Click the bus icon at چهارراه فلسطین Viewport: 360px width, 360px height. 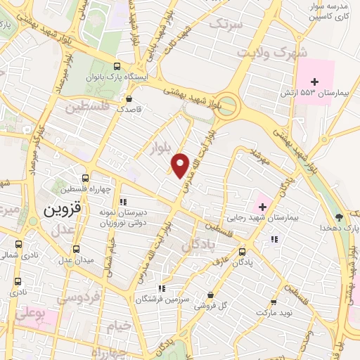(x=84, y=179)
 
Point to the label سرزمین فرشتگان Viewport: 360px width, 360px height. (x=184, y=298)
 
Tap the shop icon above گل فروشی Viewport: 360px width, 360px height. (x=210, y=295)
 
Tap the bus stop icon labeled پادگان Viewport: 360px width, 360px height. (x=242, y=252)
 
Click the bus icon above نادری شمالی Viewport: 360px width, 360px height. (x=18, y=245)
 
